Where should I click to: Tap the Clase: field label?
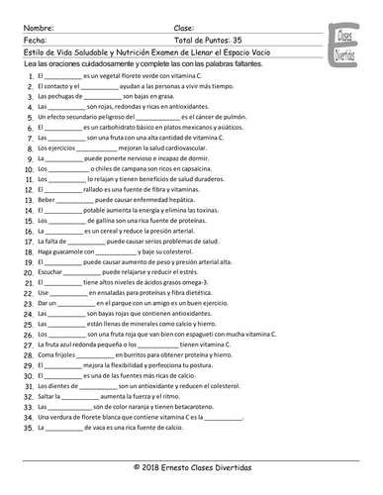(184, 28)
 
